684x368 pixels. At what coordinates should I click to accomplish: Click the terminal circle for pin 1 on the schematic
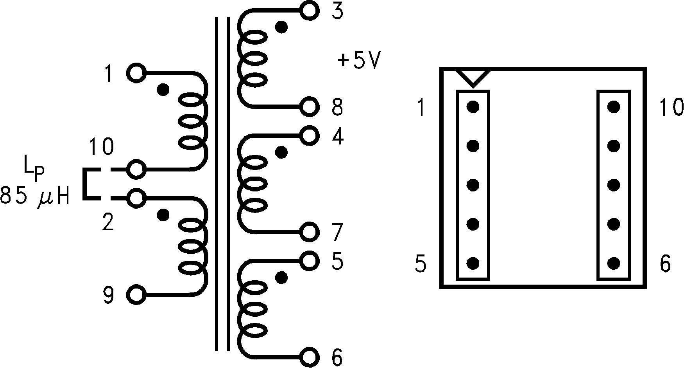[x=136, y=73]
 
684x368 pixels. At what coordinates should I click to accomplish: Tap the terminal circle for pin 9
[x=136, y=294]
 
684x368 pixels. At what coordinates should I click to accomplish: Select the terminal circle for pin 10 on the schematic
[x=136, y=170]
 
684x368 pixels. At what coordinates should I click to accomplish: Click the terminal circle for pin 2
[x=136, y=198]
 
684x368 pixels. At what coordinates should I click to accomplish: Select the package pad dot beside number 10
[x=614, y=106]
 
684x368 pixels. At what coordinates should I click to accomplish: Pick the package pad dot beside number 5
[x=473, y=263]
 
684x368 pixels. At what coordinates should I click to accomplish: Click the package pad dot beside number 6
[x=614, y=263]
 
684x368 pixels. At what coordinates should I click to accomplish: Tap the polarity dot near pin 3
[x=281, y=27]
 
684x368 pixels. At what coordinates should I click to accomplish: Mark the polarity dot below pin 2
[x=163, y=215]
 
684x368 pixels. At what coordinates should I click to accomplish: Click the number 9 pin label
[x=108, y=295]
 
